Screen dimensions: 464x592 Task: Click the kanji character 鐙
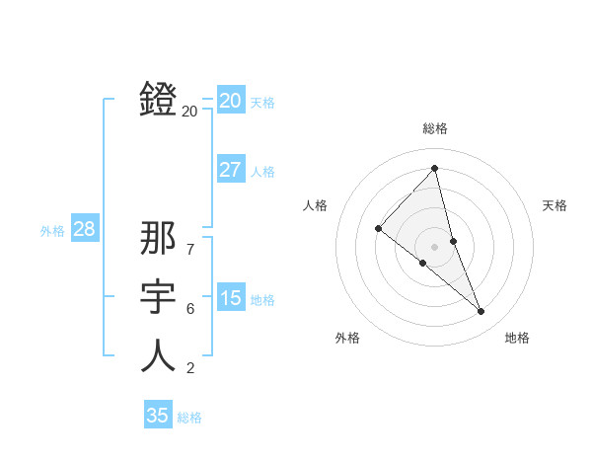[x=158, y=99]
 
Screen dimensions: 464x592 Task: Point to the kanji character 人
[x=158, y=355]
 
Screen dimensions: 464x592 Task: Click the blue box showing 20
[x=231, y=100]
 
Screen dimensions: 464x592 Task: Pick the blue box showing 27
[x=231, y=169]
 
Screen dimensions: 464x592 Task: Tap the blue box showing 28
[x=84, y=229]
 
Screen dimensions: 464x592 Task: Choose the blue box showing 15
[x=231, y=298]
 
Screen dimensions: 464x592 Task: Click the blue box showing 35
[x=158, y=416]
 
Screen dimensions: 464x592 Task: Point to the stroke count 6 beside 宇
[x=190, y=309]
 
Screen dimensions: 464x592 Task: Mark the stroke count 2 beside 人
[x=190, y=369]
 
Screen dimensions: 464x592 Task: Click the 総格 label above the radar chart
[x=434, y=128]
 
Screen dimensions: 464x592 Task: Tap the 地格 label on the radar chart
[x=517, y=338]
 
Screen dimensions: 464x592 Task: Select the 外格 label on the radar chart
[x=347, y=338]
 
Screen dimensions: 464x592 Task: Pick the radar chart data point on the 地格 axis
[x=481, y=312]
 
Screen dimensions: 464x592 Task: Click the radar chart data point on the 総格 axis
[x=434, y=169]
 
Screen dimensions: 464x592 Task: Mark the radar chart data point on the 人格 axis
[x=378, y=228]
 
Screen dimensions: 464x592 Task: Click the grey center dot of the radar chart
[x=434, y=246]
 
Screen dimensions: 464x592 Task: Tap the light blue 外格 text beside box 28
[x=52, y=231]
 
